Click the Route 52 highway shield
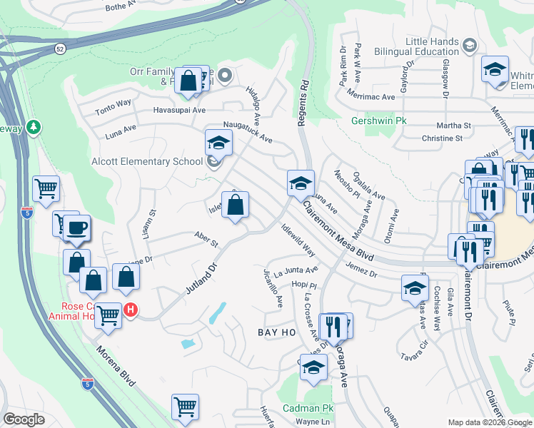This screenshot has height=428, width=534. tap(59, 49)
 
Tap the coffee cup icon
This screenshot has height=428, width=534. tap(77, 228)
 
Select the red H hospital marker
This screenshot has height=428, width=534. tap(131, 310)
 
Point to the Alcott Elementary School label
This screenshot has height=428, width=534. tap(147, 161)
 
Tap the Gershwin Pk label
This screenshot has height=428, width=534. tap(378, 121)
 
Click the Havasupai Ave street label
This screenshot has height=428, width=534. tap(179, 111)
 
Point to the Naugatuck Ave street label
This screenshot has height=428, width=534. tap(248, 131)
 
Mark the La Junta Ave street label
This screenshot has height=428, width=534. tap(296, 270)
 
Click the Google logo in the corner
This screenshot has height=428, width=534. tap(24, 419)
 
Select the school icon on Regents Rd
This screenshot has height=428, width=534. tap(301, 183)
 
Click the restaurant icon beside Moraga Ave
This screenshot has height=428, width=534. tap(333, 327)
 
